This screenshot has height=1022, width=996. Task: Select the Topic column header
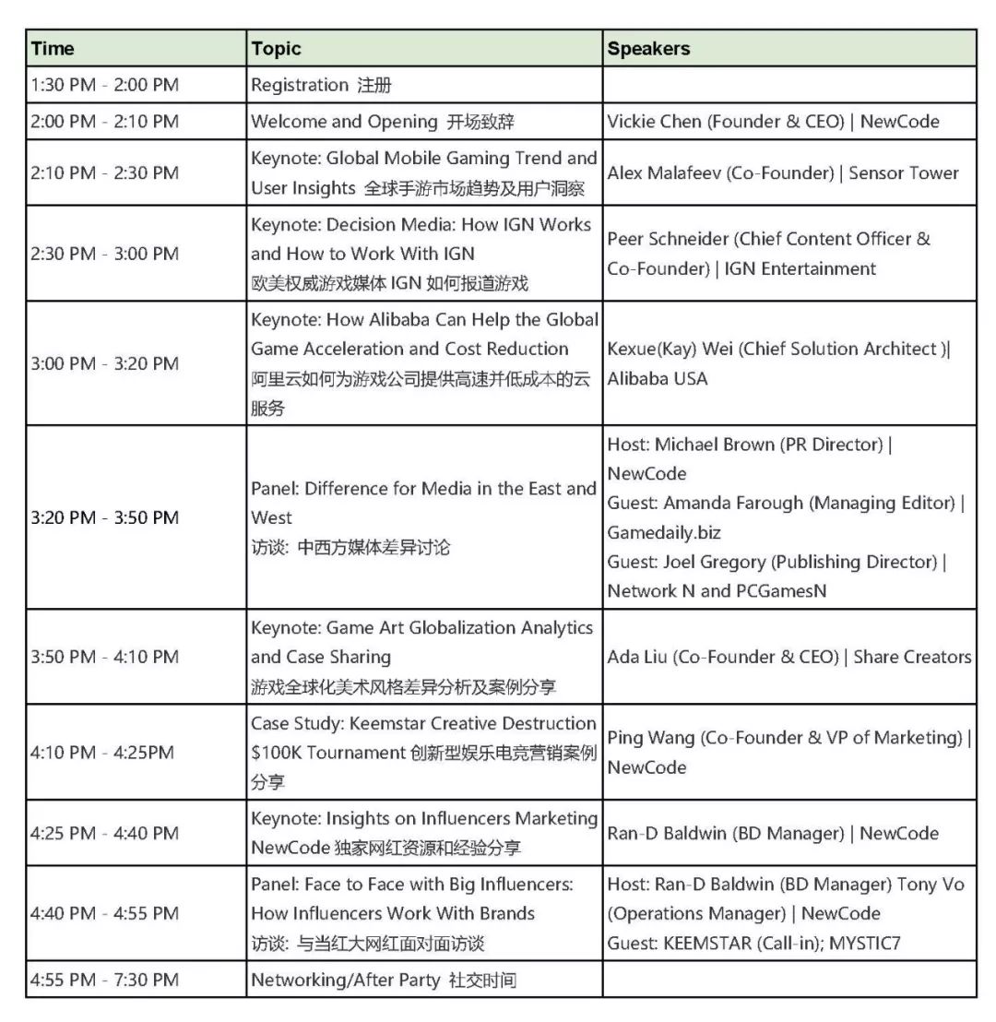coord(276,49)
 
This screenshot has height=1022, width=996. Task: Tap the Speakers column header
coord(648,49)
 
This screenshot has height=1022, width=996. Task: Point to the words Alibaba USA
coord(657,378)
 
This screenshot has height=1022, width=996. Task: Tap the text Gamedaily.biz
coord(664,532)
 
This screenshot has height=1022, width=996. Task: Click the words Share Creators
coord(912,657)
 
